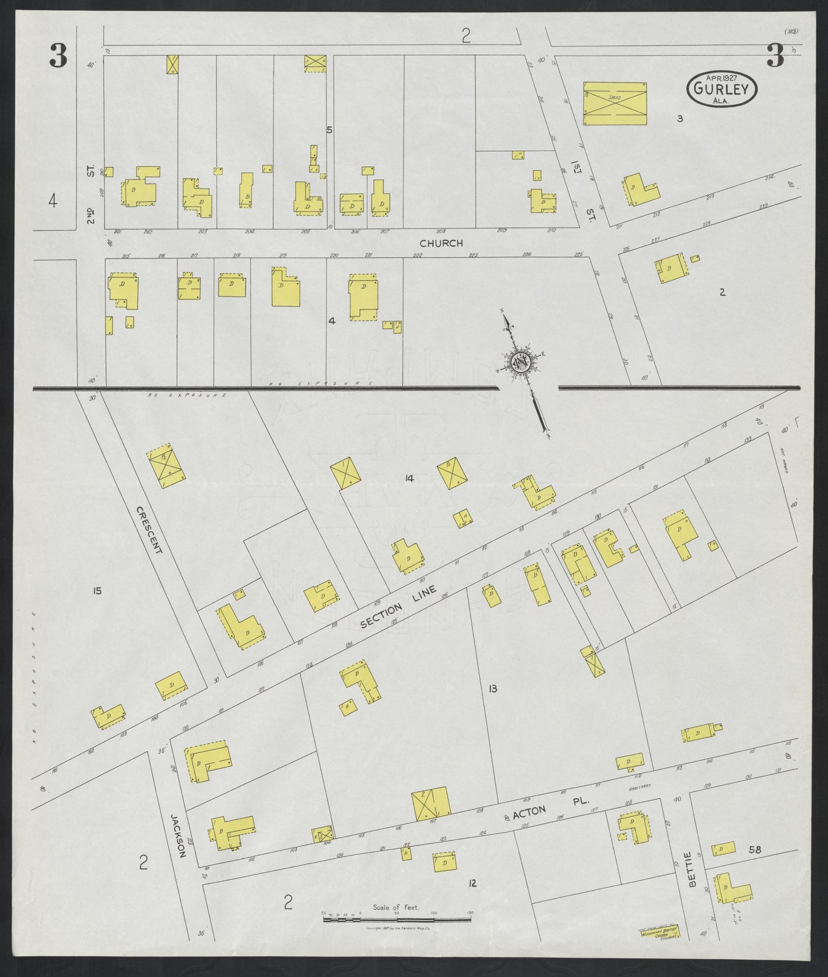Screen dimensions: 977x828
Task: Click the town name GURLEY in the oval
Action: click(721, 89)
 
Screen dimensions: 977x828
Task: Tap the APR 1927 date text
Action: click(721, 77)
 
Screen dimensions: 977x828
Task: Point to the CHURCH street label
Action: click(441, 244)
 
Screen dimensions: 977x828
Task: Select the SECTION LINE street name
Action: click(399, 607)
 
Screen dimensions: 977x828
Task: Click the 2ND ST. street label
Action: click(91, 195)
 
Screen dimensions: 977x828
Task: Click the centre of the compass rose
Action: click(519, 362)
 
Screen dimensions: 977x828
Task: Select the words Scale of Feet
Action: click(396, 907)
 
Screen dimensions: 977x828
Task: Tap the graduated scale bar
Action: click(397, 919)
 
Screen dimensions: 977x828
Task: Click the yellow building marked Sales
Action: click(615, 103)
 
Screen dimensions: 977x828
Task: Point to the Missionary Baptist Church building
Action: click(659, 947)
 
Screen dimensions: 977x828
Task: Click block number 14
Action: click(409, 478)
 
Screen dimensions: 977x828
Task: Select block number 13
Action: click(492, 688)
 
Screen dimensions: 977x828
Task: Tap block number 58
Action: click(755, 850)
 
